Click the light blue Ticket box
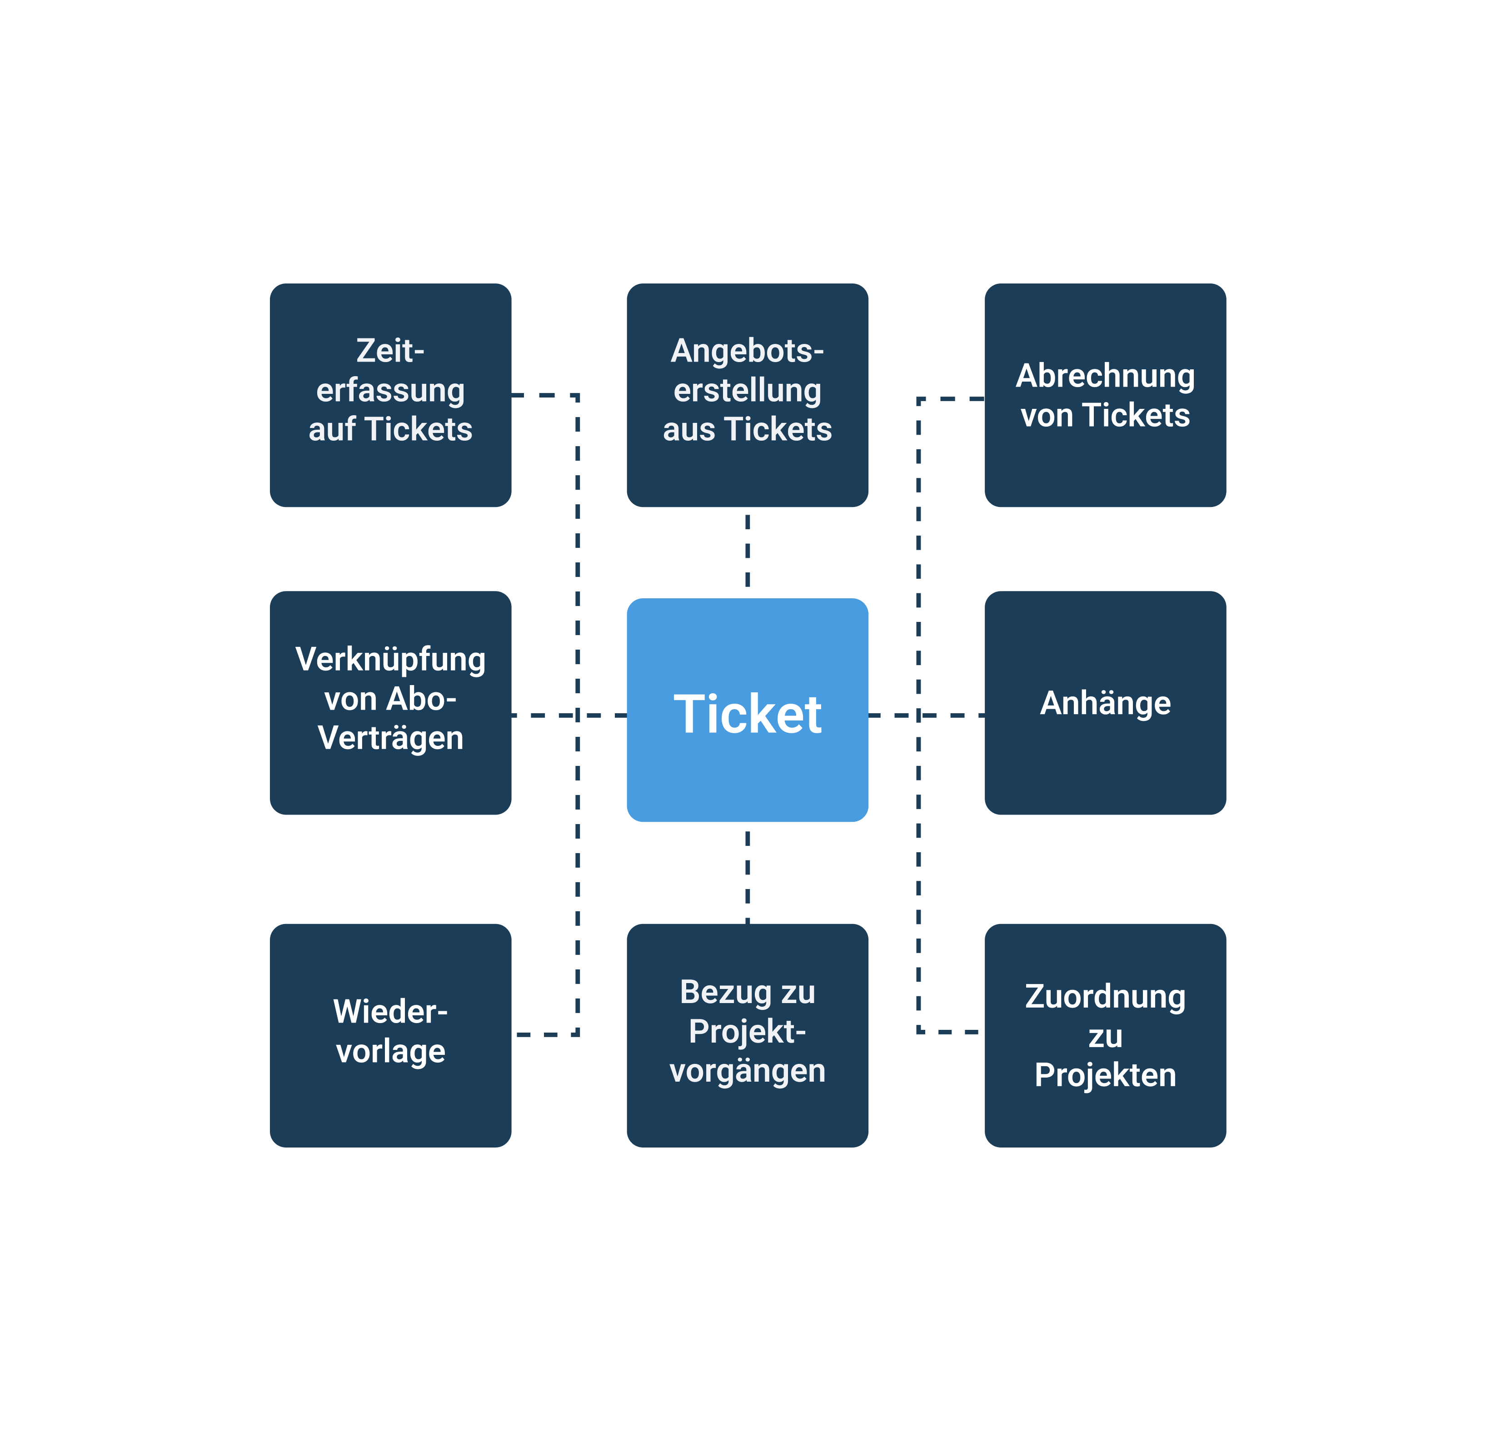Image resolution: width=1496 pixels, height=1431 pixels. [747, 710]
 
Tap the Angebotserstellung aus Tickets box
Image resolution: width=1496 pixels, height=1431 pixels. [747, 395]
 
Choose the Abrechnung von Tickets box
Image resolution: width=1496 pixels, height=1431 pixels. [1105, 395]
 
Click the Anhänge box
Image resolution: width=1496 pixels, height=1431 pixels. [1105, 702]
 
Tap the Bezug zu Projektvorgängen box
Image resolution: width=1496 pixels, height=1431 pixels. [747, 1035]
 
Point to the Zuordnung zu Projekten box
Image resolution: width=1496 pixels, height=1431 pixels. [1105, 1035]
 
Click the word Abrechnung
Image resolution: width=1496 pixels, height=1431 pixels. [1105, 377]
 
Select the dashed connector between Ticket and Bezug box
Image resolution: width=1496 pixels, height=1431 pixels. [747, 877]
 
